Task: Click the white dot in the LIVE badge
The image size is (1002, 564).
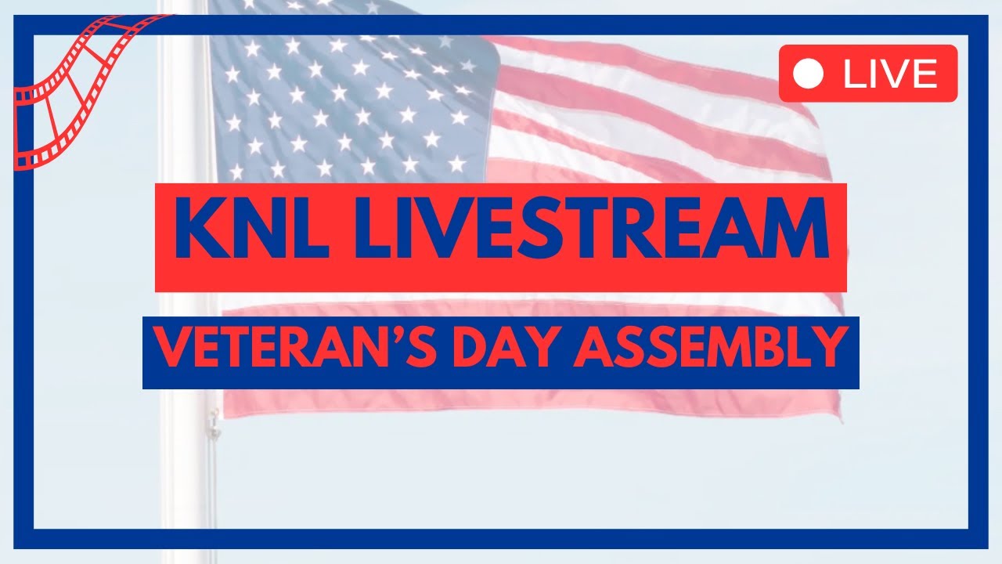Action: pyautogui.click(x=809, y=74)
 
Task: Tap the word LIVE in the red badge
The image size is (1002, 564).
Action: pyautogui.click(x=890, y=74)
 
